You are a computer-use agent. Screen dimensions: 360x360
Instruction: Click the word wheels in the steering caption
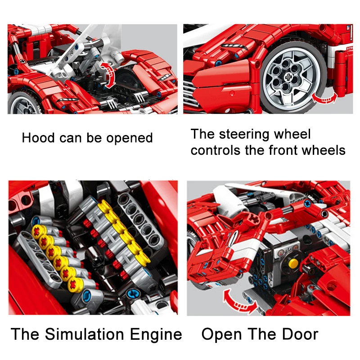[x=323, y=150]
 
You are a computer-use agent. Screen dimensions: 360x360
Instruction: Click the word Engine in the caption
[x=157, y=334]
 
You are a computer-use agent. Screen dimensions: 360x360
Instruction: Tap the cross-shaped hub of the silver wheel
[x=294, y=76]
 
